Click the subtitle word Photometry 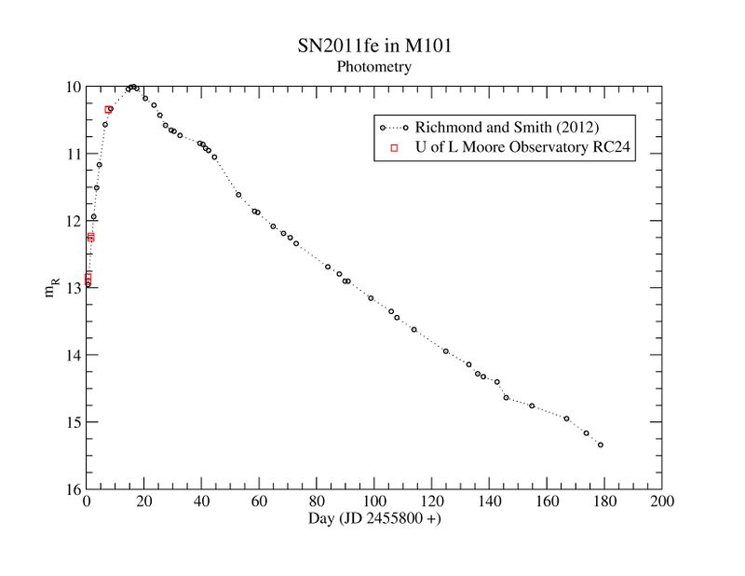(x=372, y=67)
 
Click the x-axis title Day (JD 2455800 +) (x=374, y=518)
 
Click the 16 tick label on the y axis (x=71, y=489)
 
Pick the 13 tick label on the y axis (x=71, y=288)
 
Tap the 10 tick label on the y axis (x=71, y=87)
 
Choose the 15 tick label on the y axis (x=71, y=422)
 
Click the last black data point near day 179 (x=601, y=445)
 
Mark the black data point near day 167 (x=566, y=418)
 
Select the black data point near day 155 (x=532, y=405)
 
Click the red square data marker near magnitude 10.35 (x=109, y=110)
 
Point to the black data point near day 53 (x=238, y=195)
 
